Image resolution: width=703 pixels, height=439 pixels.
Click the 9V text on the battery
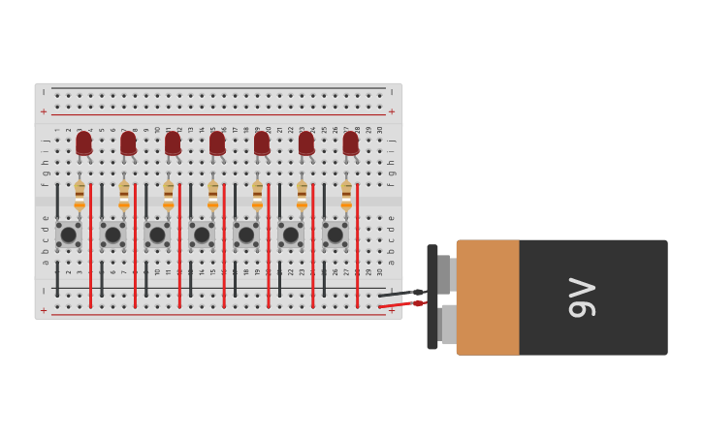point(582,298)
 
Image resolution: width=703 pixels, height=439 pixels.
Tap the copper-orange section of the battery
point(488,298)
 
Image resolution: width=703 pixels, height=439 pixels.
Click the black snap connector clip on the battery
point(432,297)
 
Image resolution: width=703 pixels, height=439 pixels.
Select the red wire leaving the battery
point(399,305)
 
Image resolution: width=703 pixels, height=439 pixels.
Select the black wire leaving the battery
point(399,294)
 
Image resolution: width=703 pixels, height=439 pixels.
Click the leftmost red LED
point(84,143)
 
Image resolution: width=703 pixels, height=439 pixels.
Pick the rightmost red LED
point(351,143)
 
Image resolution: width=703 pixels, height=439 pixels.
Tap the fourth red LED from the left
point(217,143)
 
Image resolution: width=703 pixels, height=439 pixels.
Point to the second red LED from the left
point(128,143)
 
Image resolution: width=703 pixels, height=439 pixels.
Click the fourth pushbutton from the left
point(202,235)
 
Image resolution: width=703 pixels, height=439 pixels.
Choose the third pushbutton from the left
point(157,235)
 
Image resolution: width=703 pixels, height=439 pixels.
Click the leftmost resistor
point(80,194)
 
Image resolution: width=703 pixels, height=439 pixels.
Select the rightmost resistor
point(346,194)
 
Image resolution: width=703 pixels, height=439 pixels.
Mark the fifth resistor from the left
point(257,194)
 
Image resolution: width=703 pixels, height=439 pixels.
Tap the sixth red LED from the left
point(306,143)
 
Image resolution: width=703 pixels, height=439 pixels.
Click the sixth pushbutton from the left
point(291,235)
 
